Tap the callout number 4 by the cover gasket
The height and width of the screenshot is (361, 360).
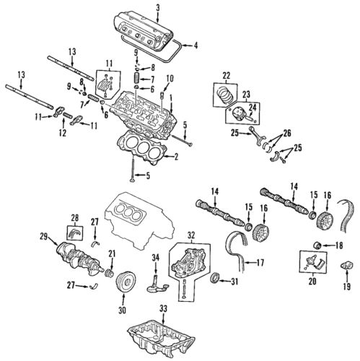point(193,47)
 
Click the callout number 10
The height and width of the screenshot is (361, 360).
point(170,78)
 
